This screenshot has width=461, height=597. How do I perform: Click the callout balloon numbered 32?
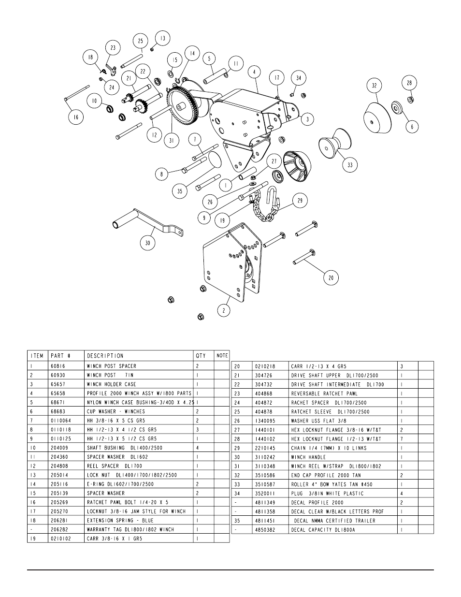374,86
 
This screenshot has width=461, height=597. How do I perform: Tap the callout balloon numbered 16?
76,116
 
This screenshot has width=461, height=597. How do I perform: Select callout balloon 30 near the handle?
148,243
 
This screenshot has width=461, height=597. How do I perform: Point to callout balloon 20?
331,277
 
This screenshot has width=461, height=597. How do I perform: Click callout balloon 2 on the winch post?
223,310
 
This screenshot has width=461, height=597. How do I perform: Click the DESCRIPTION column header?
105,356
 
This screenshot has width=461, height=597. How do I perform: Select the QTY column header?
200,356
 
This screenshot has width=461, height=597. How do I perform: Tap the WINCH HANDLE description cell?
308,457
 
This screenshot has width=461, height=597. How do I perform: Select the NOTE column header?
222,356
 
